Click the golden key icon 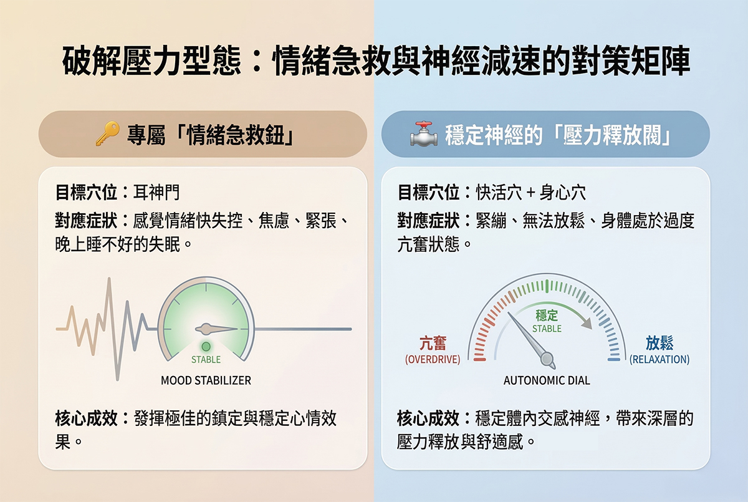coord(107,133)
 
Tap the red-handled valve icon coord(424,134)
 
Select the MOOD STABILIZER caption coord(206,380)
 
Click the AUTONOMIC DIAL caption coord(547,380)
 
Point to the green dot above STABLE coord(206,346)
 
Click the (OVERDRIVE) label coord(433,359)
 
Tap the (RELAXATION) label coord(659,359)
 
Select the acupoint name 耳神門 coord(156,193)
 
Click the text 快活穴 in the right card coord(499,193)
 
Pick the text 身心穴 coord(563,193)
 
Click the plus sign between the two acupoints coord(530,193)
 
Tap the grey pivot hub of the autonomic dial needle coord(547,359)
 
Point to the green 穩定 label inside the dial coord(547,315)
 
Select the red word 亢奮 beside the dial coord(433,344)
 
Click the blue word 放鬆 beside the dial coord(659,344)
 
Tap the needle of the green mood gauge coord(216,329)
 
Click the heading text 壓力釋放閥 coord(612,135)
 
